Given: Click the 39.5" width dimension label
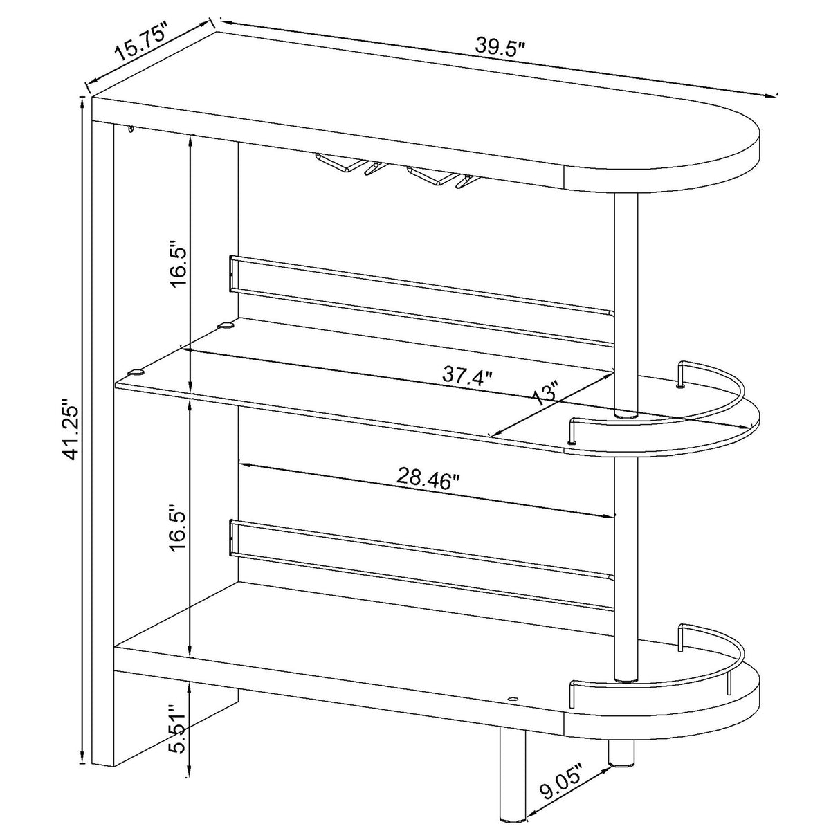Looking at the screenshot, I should point(500,46).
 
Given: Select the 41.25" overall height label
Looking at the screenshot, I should point(70,428).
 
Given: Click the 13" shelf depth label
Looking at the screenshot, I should point(546,396).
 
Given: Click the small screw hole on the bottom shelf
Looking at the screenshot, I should point(512,700).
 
